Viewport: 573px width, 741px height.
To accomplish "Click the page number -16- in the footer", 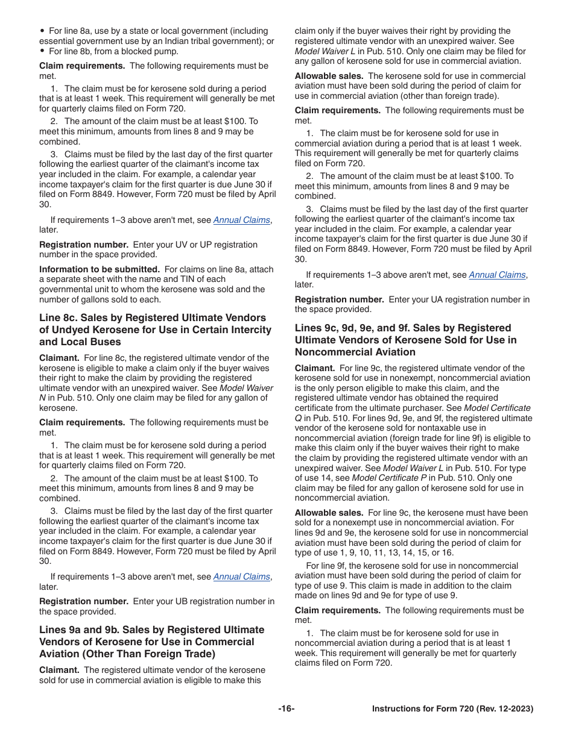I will tap(286, 709).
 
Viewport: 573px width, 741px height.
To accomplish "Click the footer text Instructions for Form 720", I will tap(452, 709).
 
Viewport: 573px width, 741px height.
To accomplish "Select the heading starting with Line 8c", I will tap(155, 330).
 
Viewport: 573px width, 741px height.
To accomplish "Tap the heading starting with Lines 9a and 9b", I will tap(151, 642).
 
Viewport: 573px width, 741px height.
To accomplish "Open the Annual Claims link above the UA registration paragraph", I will tap(497, 275).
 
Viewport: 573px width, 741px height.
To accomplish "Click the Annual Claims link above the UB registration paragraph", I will tap(241, 577).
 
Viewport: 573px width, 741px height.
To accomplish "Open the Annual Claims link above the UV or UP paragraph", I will tap(241, 220).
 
